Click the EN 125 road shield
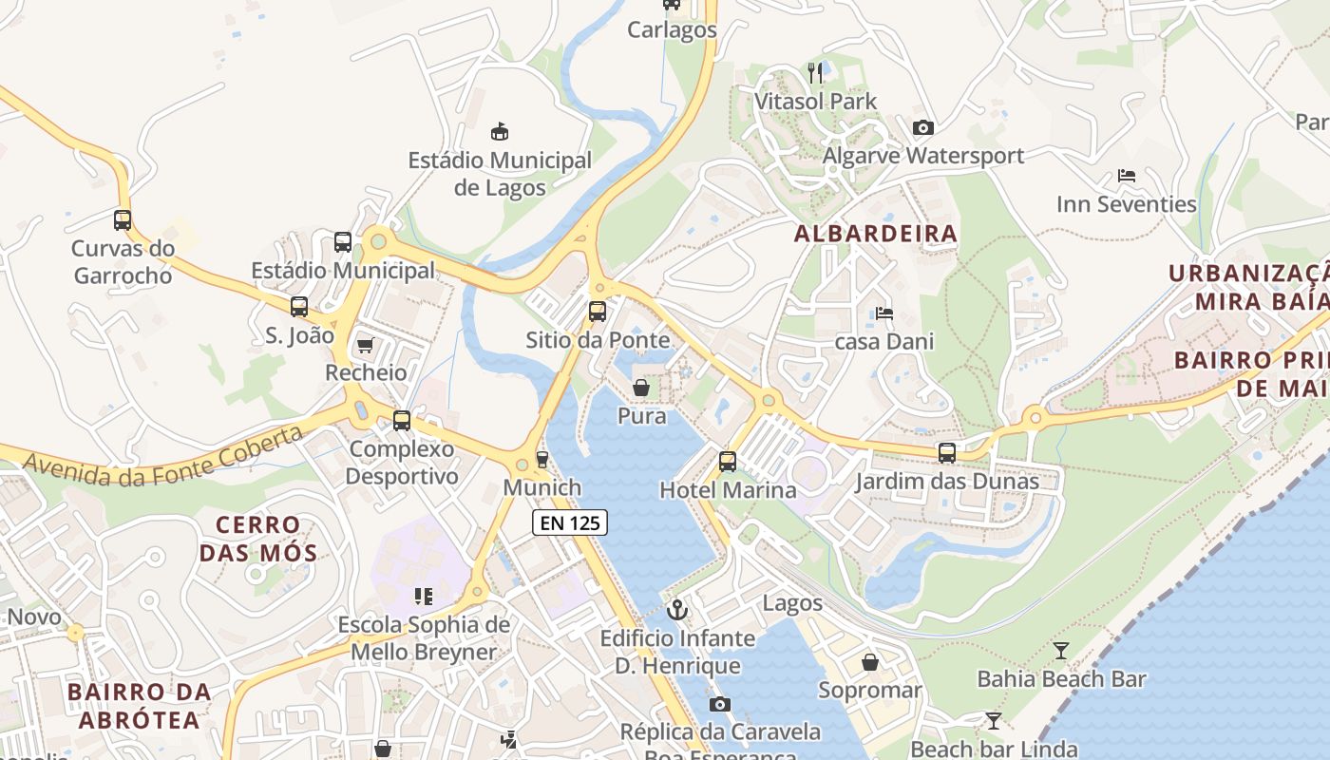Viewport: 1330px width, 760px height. pos(569,522)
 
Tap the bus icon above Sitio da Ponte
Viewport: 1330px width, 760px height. pos(597,311)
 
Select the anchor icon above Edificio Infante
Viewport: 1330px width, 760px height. pos(677,609)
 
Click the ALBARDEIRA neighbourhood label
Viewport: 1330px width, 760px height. pos(876,234)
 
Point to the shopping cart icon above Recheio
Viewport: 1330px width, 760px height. pos(365,345)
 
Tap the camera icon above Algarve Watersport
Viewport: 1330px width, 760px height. pos(922,127)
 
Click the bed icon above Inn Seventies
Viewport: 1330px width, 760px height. pos(1127,176)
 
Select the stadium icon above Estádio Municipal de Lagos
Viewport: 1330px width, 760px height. pos(500,131)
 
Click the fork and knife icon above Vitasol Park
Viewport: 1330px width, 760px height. pos(815,73)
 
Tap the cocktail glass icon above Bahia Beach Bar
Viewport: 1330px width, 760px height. pos(1061,651)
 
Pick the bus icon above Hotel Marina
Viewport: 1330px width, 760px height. pos(728,462)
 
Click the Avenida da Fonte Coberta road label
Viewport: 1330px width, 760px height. pos(162,455)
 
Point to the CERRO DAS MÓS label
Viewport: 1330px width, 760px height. pos(258,538)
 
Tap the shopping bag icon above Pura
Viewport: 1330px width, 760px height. pos(641,388)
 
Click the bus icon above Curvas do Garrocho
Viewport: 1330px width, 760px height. pos(123,220)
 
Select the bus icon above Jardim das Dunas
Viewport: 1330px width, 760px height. pos(947,453)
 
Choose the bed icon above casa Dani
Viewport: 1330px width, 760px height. pos(884,313)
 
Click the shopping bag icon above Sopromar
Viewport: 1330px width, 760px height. pos(869,662)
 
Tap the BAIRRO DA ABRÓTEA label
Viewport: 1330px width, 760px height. pos(140,705)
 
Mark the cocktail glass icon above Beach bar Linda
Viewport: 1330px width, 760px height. pos(993,720)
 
